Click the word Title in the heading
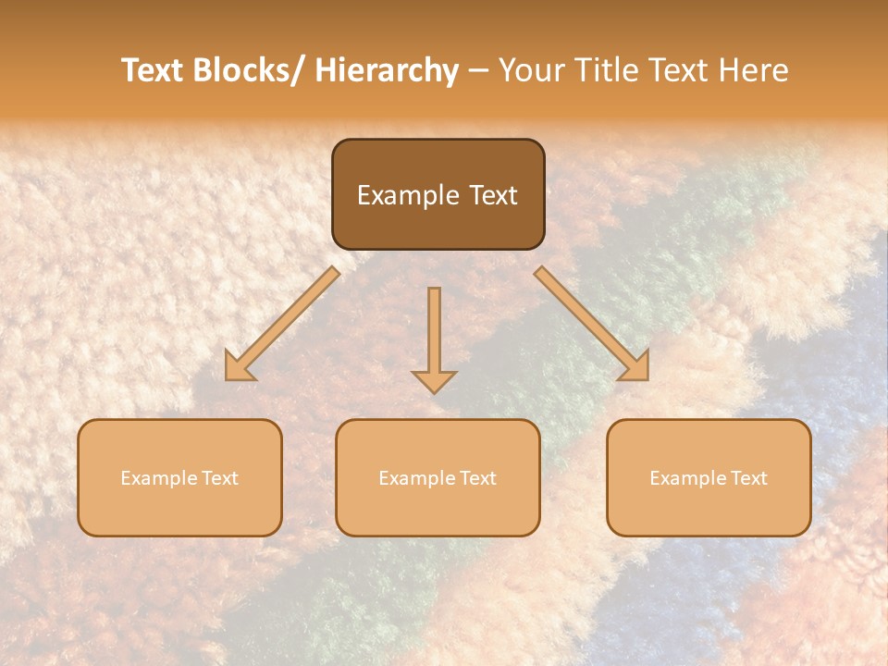click(607, 70)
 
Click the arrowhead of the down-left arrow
click(239, 367)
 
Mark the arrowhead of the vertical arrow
click(434, 381)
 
